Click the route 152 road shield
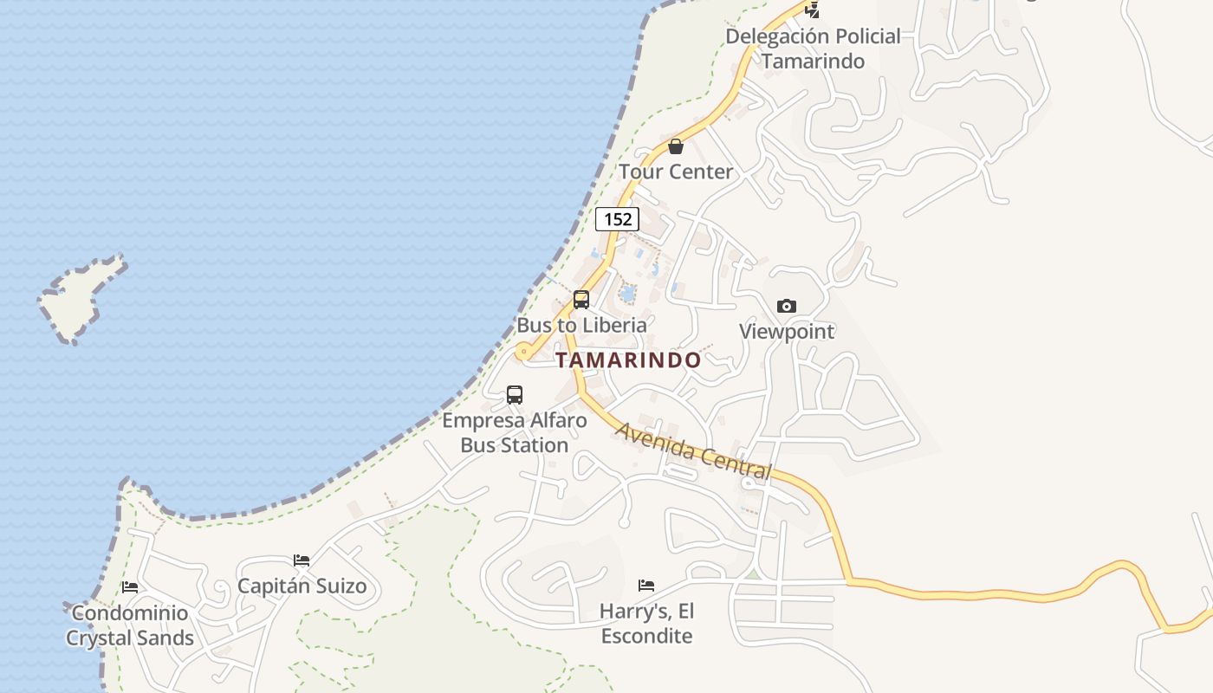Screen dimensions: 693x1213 [x=617, y=219]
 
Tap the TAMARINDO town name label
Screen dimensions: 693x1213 [x=628, y=360]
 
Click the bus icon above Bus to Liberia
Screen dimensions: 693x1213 [x=581, y=300]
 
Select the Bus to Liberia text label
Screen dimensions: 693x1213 [x=581, y=325]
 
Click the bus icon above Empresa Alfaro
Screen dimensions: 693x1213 [x=515, y=395]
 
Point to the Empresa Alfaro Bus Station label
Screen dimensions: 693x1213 [x=515, y=433]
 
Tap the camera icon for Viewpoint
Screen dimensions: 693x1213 [x=787, y=306]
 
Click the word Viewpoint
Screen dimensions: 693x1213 [x=787, y=331]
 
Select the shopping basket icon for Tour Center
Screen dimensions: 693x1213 [x=676, y=146]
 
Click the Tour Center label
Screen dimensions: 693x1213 [x=676, y=172]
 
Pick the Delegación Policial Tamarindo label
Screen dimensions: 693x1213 [x=813, y=49]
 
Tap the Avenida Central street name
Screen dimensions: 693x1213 [x=693, y=450]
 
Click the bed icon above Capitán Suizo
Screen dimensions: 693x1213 [x=302, y=560]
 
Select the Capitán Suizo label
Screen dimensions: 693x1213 [x=302, y=586]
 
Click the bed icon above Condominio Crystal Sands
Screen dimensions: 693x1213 [x=130, y=587]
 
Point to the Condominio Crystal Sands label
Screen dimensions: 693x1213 [x=130, y=625]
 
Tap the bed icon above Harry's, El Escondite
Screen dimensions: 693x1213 [x=646, y=586]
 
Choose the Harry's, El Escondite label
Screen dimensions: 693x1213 [x=646, y=624]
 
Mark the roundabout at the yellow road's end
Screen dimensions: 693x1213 [x=523, y=352]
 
